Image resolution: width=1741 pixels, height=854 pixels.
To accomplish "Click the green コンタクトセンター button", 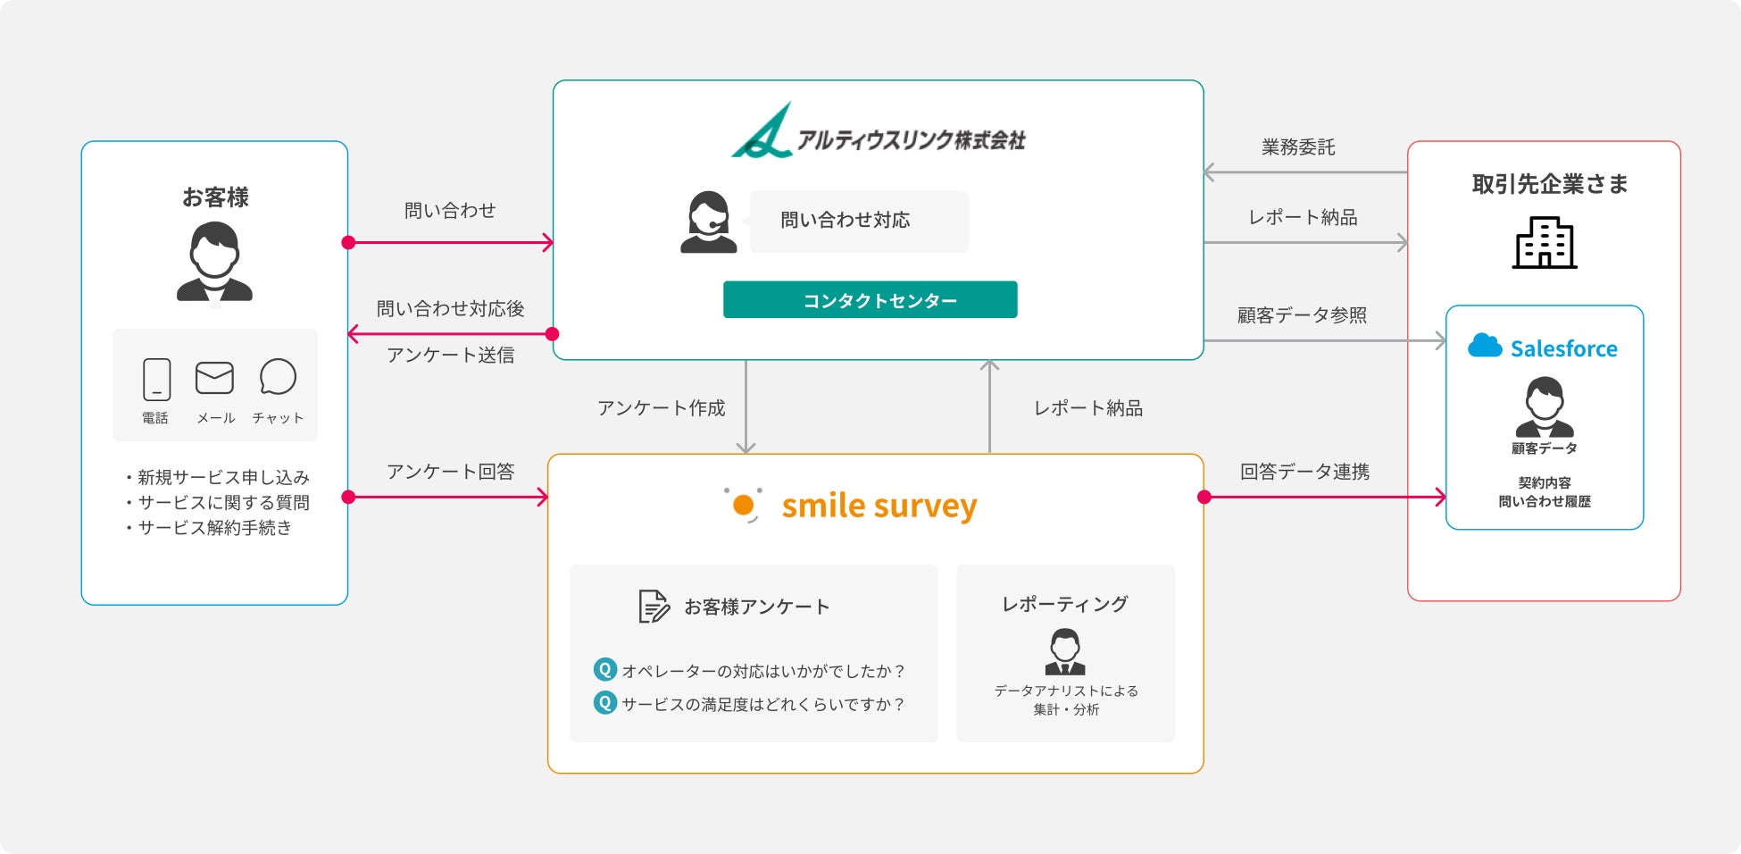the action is (870, 300).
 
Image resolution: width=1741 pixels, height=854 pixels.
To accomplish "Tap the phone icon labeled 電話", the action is (156, 379).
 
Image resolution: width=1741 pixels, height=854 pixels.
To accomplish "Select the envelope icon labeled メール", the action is (214, 378).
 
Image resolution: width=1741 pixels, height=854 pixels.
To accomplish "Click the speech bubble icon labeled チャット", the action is (278, 377).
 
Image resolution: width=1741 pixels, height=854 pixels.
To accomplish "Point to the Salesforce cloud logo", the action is (1485, 347).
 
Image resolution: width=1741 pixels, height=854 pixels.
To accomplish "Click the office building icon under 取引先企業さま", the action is (1544, 243).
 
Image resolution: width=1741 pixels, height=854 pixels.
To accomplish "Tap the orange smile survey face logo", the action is (743, 505).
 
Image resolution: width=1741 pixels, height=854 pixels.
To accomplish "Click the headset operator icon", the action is (708, 222).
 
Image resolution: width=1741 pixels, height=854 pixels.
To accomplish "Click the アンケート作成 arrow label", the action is (661, 408).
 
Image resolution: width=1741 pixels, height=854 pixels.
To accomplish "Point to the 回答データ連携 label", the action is (1304, 472).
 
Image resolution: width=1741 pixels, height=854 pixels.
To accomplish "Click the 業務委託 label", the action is (1298, 147).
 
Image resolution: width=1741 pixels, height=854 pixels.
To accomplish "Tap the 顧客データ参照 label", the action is (1302, 315).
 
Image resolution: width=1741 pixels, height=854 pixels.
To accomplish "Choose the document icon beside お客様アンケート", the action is (654, 607).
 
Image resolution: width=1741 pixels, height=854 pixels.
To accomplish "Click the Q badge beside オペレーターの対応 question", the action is (605, 669).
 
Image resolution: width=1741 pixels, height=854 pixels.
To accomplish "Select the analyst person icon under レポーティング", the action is (1065, 652).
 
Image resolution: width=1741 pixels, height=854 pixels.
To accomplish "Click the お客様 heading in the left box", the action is (215, 197).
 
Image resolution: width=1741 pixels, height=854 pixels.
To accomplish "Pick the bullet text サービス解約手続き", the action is (214, 528).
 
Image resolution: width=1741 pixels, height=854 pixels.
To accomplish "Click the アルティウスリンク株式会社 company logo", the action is (878, 132).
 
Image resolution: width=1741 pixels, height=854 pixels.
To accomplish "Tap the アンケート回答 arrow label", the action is (450, 472).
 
